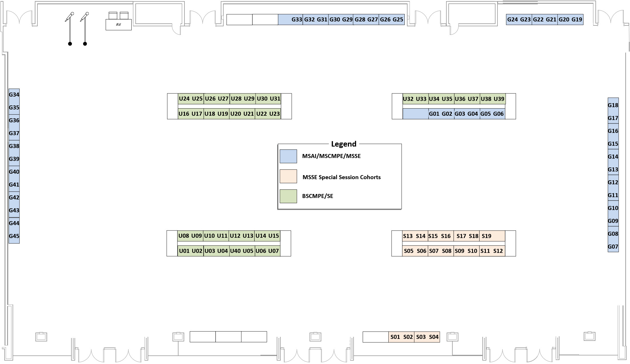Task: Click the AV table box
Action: coord(119,25)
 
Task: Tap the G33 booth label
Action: coord(297,19)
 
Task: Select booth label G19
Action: coord(577,19)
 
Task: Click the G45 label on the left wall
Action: coord(14,236)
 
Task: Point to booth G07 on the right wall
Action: coord(613,247)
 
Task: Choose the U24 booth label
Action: coord(184,99)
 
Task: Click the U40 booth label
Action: coord(235,251)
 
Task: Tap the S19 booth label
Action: coord(486,236)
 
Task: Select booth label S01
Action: coord(395,337)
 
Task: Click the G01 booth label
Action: coord(434,114)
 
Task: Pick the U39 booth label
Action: coord(499,99)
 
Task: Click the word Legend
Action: coord(344,144)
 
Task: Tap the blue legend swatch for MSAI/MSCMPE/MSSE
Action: coord(288,156)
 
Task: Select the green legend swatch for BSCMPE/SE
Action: coord(288,196)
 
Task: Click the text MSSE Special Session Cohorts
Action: coord(341,177)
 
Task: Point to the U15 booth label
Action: coord(274,236)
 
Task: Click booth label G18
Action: coord(613,105)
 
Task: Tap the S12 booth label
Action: coord(498,251)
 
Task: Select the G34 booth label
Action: coord(14,95)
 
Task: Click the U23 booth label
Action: coord(274,114)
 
